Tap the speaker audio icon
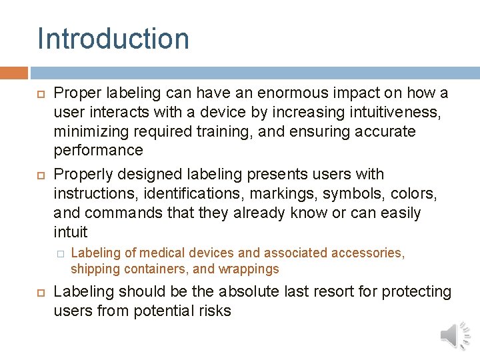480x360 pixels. tap(455, 335)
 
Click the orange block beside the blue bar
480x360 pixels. tap(14, 72)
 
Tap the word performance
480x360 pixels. tap(98, 151)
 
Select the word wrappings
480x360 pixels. tap(248, 269)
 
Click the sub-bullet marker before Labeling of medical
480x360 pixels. tap(59, 253)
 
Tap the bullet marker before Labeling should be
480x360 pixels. tap(41, 292)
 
